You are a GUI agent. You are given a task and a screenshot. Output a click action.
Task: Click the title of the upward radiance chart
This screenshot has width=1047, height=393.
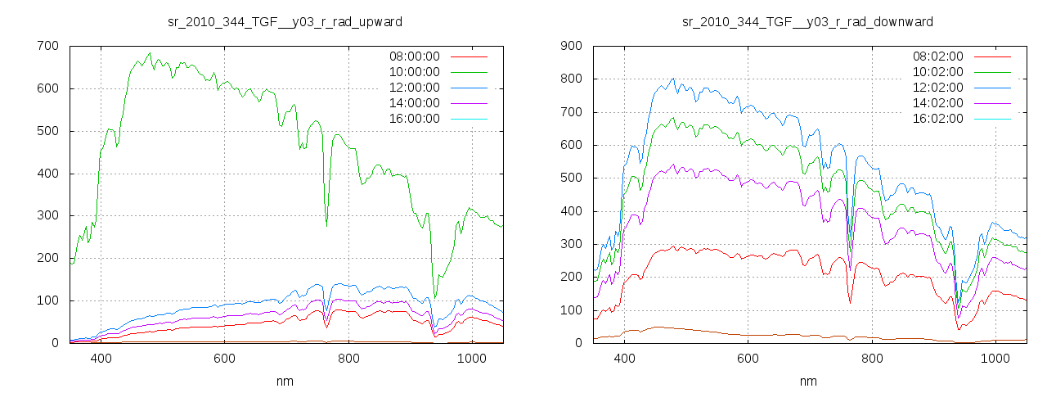[285, 21]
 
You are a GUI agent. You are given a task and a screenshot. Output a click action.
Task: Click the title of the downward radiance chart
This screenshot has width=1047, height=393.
[808, 21]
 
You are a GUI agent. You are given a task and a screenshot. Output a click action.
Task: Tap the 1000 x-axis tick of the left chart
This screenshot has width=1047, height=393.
[472, 358]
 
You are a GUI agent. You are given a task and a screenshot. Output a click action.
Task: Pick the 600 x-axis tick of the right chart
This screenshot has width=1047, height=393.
[748, 358]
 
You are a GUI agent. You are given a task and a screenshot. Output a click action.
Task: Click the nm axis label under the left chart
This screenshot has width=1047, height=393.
[285, 382]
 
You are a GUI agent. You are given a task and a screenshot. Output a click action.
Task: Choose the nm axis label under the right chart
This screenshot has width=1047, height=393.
[808, 382]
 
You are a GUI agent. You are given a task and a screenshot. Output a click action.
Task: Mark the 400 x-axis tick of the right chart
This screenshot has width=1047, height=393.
[624, 358]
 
